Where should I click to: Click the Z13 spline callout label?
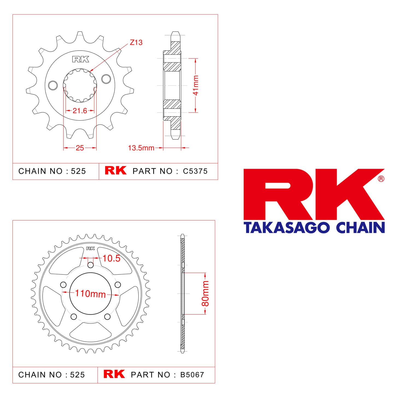click(x=136, y=42)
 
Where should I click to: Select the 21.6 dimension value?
click(x=80, y=111)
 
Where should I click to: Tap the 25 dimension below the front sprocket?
click(x=80, y=148)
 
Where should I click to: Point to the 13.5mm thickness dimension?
click(x=141, y=148)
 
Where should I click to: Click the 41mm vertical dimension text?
click(x=196, y=85)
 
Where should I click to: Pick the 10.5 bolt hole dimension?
click(x=111, y=258)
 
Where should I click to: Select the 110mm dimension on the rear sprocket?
click(x=90, y=294)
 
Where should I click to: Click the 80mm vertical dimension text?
click(x=205, y=293)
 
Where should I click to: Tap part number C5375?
click(x=195, y=171)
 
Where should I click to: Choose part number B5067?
click(x=192, y=374)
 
